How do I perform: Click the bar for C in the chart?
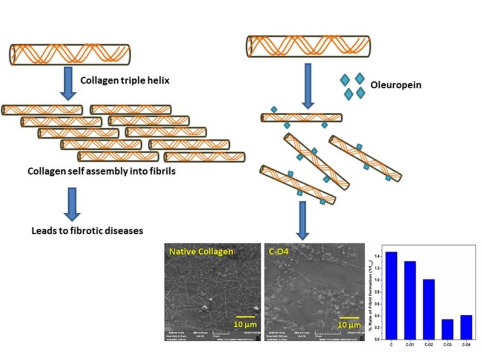pyautogui.click(x=391, y=295)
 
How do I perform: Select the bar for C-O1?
pyautogui.click(x=410, y=300)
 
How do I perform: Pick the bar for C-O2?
pyautogui.click(x=428, y=309)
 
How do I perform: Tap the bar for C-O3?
pyautogui.click(x=447, y=329)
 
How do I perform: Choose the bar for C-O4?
pyautogui.click(x=466, y=327)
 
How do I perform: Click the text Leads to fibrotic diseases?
pyautogui.click(x=87, y=231)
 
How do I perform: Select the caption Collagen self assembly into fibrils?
pyautogui.click(x=102, y=171)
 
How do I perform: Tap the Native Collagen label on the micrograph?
pyautogui.click(x=201, y=251)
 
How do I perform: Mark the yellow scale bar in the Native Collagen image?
pyautogui.click(x=245, y=317)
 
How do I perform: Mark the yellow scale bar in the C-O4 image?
pyautogui.click(x=349, y=317)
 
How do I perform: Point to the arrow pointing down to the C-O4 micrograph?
pyautogui.click(x=302, y=220)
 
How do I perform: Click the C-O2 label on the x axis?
pyautogui.click(x=428, y=345)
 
